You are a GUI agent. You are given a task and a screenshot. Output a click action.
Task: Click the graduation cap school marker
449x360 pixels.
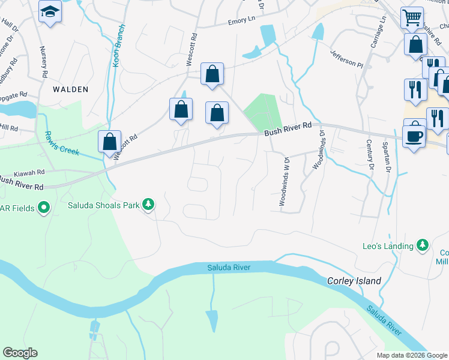[50, 11]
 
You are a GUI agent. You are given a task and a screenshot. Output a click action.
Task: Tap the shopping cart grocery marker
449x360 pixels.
[412, 17]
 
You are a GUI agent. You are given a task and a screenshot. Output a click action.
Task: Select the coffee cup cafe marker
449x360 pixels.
[414, 136]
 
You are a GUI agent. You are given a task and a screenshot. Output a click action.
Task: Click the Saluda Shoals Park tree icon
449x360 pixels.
[148, 205]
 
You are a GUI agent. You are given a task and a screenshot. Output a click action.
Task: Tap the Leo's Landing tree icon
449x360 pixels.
[423, 245]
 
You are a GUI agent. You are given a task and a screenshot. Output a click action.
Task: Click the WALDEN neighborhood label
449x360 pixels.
[71, 89]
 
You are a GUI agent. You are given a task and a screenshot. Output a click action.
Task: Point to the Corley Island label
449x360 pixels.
[354, 281]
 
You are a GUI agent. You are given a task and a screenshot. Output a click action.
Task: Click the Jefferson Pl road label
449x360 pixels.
[346, 59]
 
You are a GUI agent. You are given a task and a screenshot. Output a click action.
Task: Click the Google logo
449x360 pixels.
[20, 353]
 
